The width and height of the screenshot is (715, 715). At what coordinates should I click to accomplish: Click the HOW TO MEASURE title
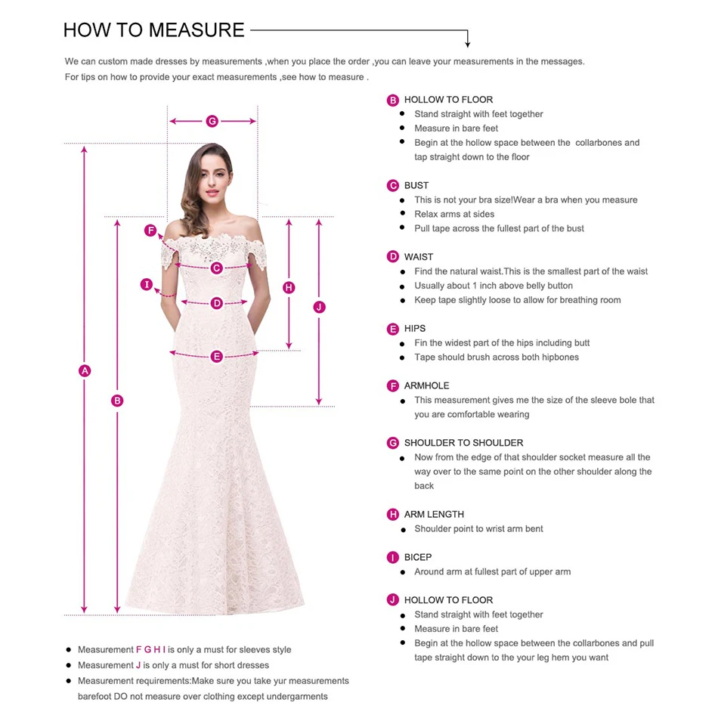click(154, 30)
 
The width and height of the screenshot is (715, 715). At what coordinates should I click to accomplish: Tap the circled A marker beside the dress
click(85, 370)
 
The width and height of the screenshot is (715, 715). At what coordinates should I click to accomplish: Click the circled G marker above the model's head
click(212, 121)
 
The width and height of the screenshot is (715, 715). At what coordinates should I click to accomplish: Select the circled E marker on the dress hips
click(217, 356)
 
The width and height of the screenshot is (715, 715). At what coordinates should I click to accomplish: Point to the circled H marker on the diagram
click(288, 287)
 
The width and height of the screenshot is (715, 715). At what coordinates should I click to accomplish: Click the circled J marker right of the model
click(319, 307)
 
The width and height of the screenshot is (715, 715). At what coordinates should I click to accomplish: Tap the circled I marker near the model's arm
click(147, 285)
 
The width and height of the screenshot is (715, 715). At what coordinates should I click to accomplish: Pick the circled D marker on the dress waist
click(217, 303)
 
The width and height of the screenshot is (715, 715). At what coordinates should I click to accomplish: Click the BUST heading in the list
click(416, 185)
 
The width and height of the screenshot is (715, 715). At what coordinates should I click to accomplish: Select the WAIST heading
click(419, 257)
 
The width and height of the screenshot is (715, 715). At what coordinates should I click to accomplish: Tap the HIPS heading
click(415, 329)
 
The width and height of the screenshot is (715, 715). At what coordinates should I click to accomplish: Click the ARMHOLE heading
click(426, 385)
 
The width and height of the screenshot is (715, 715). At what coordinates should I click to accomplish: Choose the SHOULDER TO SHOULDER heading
click(463, 443)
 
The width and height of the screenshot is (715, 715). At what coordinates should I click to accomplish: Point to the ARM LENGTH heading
click(434, 515)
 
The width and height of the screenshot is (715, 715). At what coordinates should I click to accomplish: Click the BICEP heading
click(418, 558)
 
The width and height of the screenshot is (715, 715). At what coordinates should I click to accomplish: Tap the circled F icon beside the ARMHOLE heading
click(393, 386)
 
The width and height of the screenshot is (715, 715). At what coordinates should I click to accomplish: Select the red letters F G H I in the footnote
click(150, 650)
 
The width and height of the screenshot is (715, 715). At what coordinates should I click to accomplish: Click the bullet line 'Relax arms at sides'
click(454, 214)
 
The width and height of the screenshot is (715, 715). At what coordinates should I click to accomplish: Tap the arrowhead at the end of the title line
click(468, 43)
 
